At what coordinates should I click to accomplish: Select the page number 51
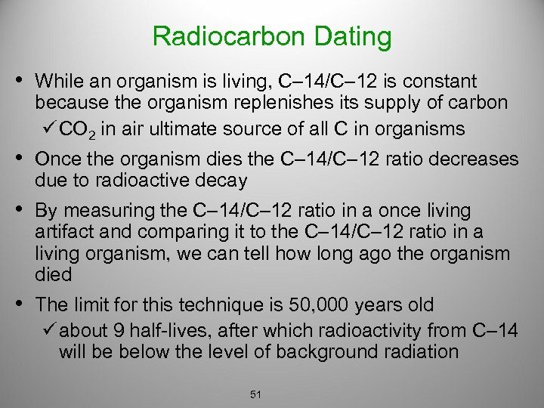pyautogui.click(x=255, y=394)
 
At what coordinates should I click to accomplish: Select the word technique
pyautogui.click(x=199, y=305)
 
